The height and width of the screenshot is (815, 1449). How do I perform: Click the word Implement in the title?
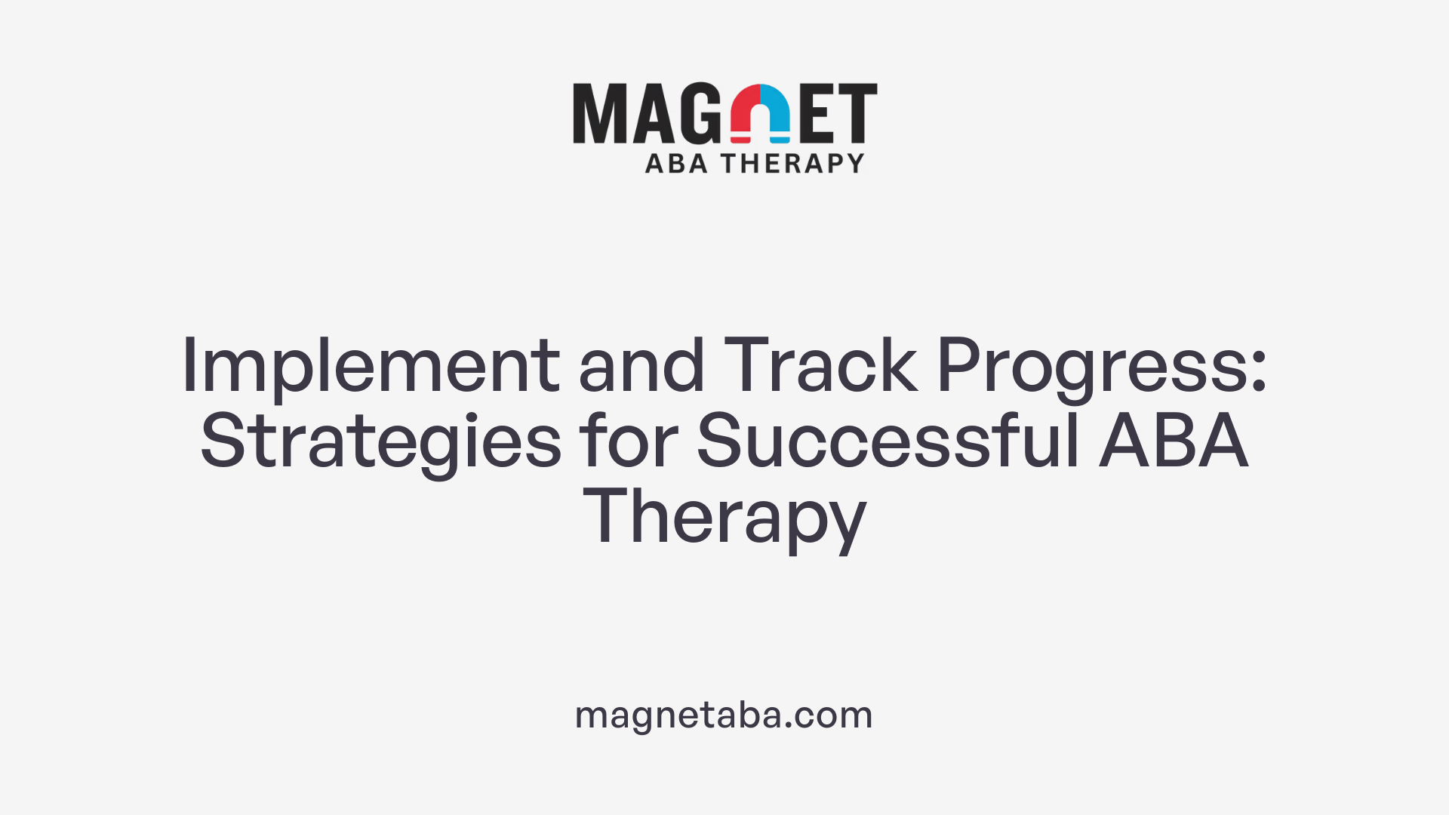coord(370,367)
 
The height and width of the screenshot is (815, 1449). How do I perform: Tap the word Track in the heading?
coord(820,365)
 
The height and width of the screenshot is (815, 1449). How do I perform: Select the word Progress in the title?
coord(1093,367)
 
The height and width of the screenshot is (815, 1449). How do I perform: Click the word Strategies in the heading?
coord(380,442)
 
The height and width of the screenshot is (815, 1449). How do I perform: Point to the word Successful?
coord(888,441)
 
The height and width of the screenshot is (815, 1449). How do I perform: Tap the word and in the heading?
coord(641,365)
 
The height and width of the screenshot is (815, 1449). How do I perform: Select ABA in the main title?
coord(1173,441)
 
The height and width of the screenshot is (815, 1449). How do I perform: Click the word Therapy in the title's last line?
coord(724,518)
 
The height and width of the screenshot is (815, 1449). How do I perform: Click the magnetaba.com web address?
coord(724,715)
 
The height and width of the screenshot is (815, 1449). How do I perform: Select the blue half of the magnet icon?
coord(776,113)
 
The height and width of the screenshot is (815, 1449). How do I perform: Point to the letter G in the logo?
coord(700,113)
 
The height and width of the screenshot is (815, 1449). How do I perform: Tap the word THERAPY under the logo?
coord(792,163)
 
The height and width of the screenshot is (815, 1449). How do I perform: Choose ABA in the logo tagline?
coord(676,163)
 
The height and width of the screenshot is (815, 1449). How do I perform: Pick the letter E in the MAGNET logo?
coord(816,113)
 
